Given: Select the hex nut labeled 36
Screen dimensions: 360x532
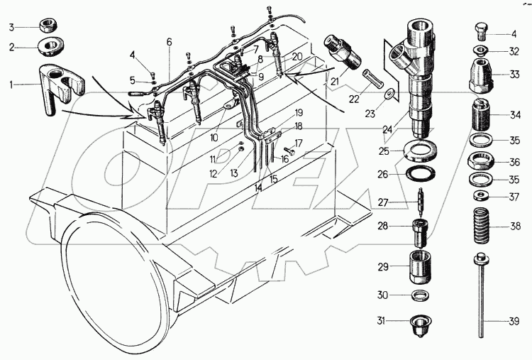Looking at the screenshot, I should pos(482,161).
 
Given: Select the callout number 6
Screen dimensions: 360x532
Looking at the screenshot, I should pos(169,43).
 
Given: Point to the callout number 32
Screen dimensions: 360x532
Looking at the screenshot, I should pos(514,50).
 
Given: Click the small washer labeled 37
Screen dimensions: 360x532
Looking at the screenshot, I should pos(482,195).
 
